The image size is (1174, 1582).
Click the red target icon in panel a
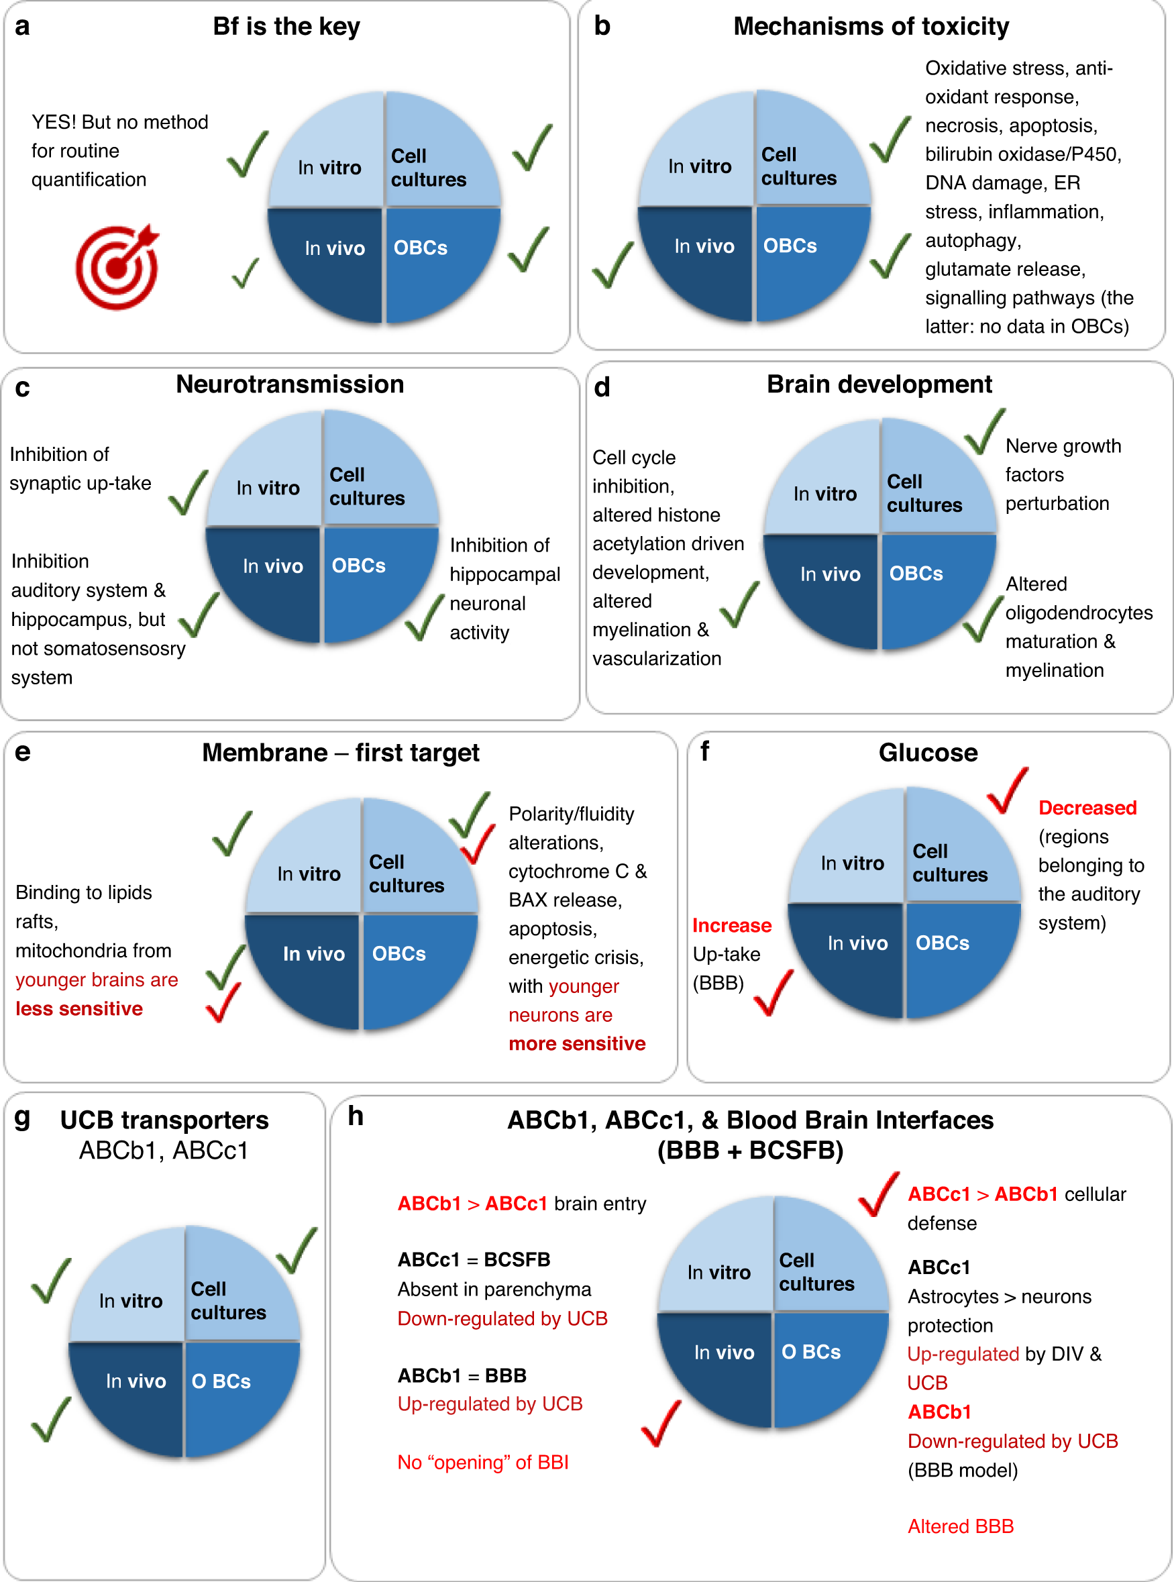pos(117,266)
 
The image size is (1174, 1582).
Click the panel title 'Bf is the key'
pos(286,26)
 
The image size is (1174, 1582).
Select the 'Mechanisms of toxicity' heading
pos(871,26)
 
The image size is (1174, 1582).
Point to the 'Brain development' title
pos(879,384)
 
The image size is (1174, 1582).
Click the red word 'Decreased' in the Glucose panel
pos(1087,807)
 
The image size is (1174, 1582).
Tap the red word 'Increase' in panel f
pos(731,925)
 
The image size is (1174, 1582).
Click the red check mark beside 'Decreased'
pos(1008,790)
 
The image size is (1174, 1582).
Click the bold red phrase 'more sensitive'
pos(577,1043)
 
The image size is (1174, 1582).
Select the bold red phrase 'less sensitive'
pos(79,1008)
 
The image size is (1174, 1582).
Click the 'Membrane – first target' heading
pos(340,752)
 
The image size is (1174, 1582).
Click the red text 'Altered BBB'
pos(960,1526)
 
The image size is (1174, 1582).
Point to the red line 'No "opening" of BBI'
pos(482,1462)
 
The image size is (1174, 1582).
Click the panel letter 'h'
pos(356,1116)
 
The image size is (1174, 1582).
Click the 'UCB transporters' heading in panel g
pos(164,1120)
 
